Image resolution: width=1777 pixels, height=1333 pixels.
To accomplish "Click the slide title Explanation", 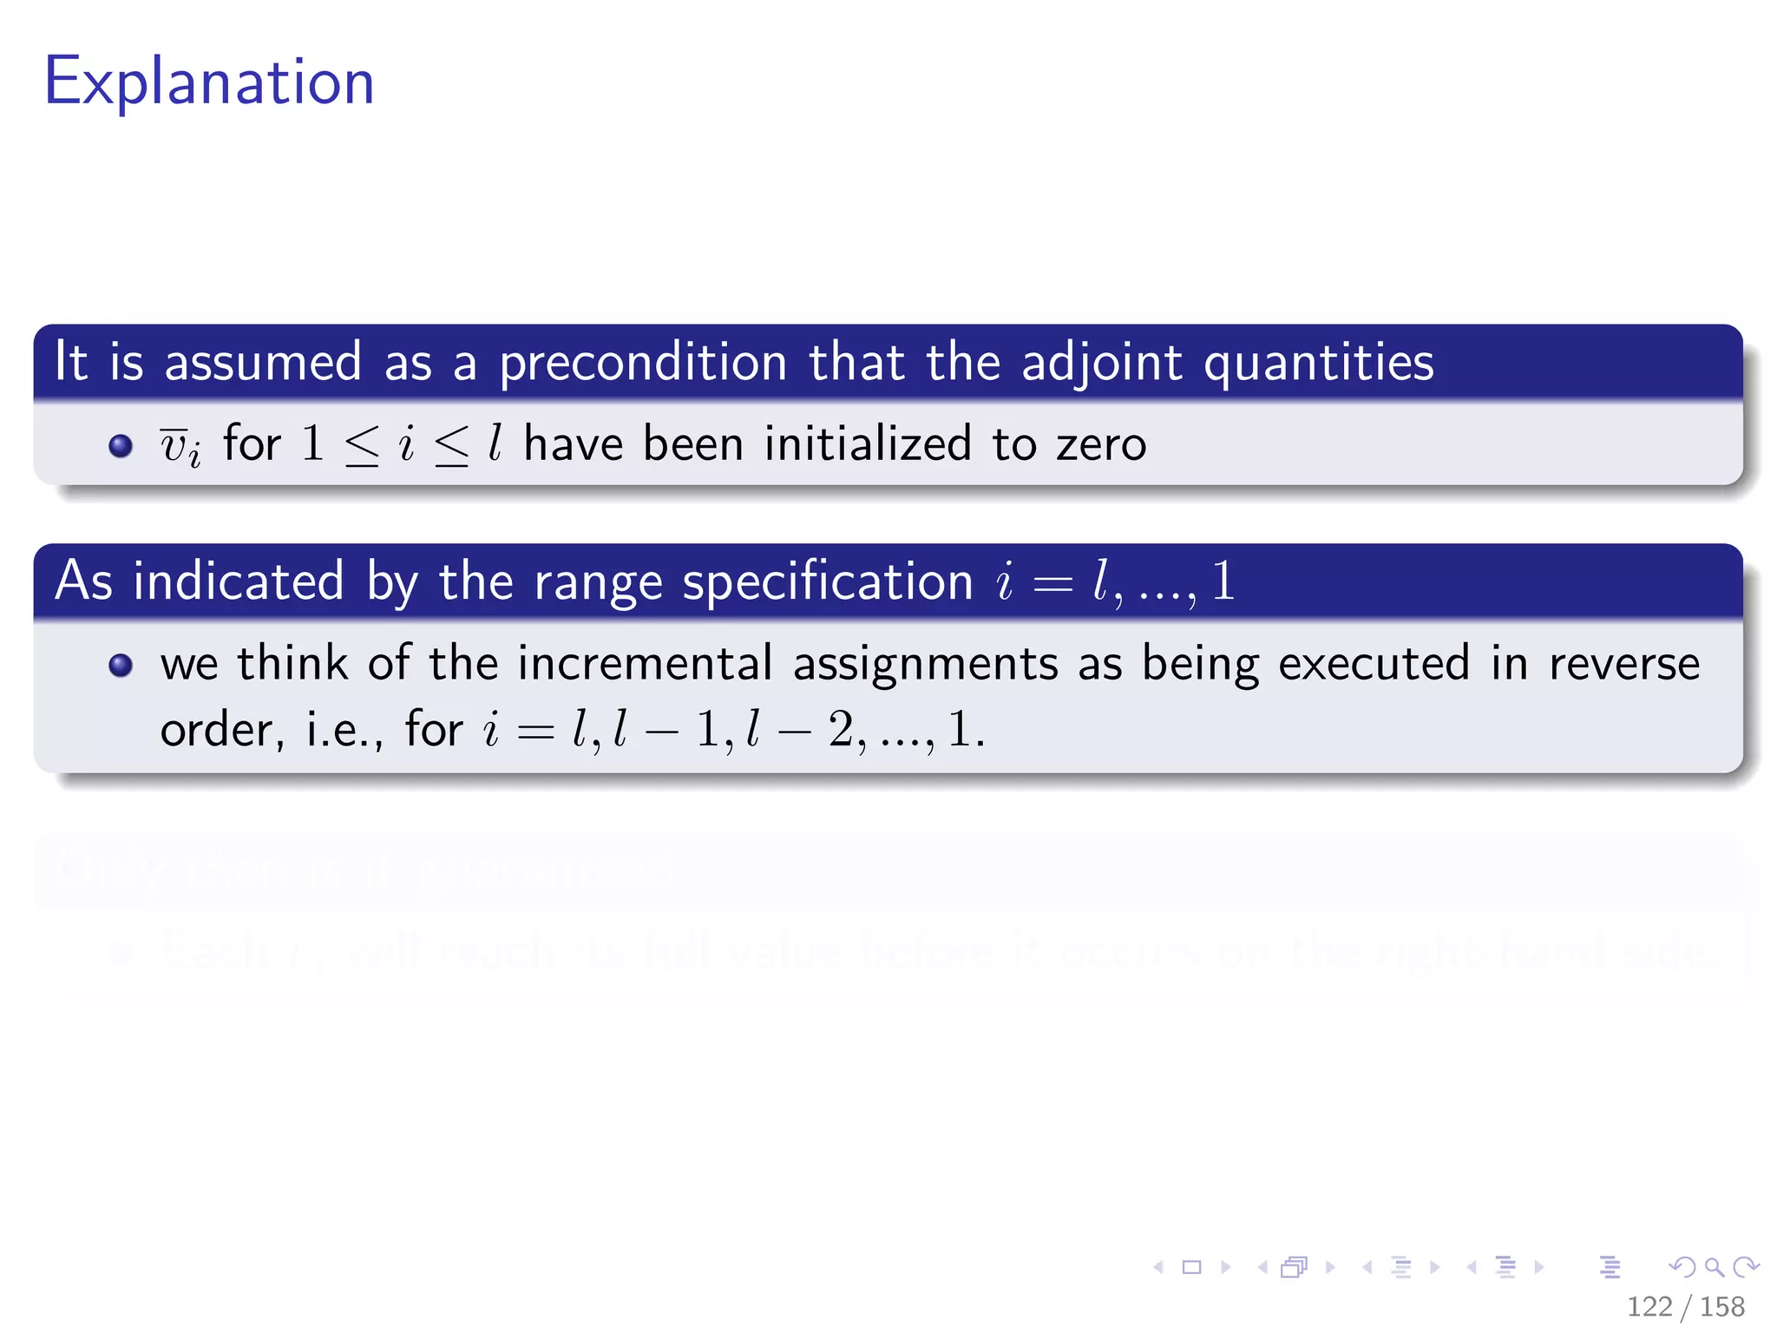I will pyautogui.click(x=209, y=82).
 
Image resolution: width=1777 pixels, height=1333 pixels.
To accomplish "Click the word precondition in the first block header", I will pyautogui.click(x=642, y=363).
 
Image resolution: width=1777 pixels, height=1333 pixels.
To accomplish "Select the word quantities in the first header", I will pyautogui.click(x=1318, y=363).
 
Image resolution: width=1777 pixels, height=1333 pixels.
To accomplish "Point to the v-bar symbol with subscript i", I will pyautogui.click(x=180, y=445).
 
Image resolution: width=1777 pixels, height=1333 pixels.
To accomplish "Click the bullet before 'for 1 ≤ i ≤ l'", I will pyautogui.click(x=121, y=445).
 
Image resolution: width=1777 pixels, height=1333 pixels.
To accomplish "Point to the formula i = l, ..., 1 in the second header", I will pyautogui.click(x=1116, y=581).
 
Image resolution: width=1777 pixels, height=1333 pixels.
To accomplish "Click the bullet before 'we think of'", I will pyautogui.click(x=121, y=665).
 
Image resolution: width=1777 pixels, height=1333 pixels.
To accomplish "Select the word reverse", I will pyautogui.click(x=1623, y=664).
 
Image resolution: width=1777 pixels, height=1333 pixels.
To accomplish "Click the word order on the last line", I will pyautogui.click(x=217, y=730).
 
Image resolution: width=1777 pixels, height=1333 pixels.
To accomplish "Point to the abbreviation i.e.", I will pyautogui.click(x=344, y=730).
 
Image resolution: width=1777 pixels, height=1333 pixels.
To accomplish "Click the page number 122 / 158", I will pyautogui.click(x=1685, y=1306).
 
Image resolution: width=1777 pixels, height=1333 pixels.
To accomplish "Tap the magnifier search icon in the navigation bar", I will pyautogui.click(x=1714, y=1267).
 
